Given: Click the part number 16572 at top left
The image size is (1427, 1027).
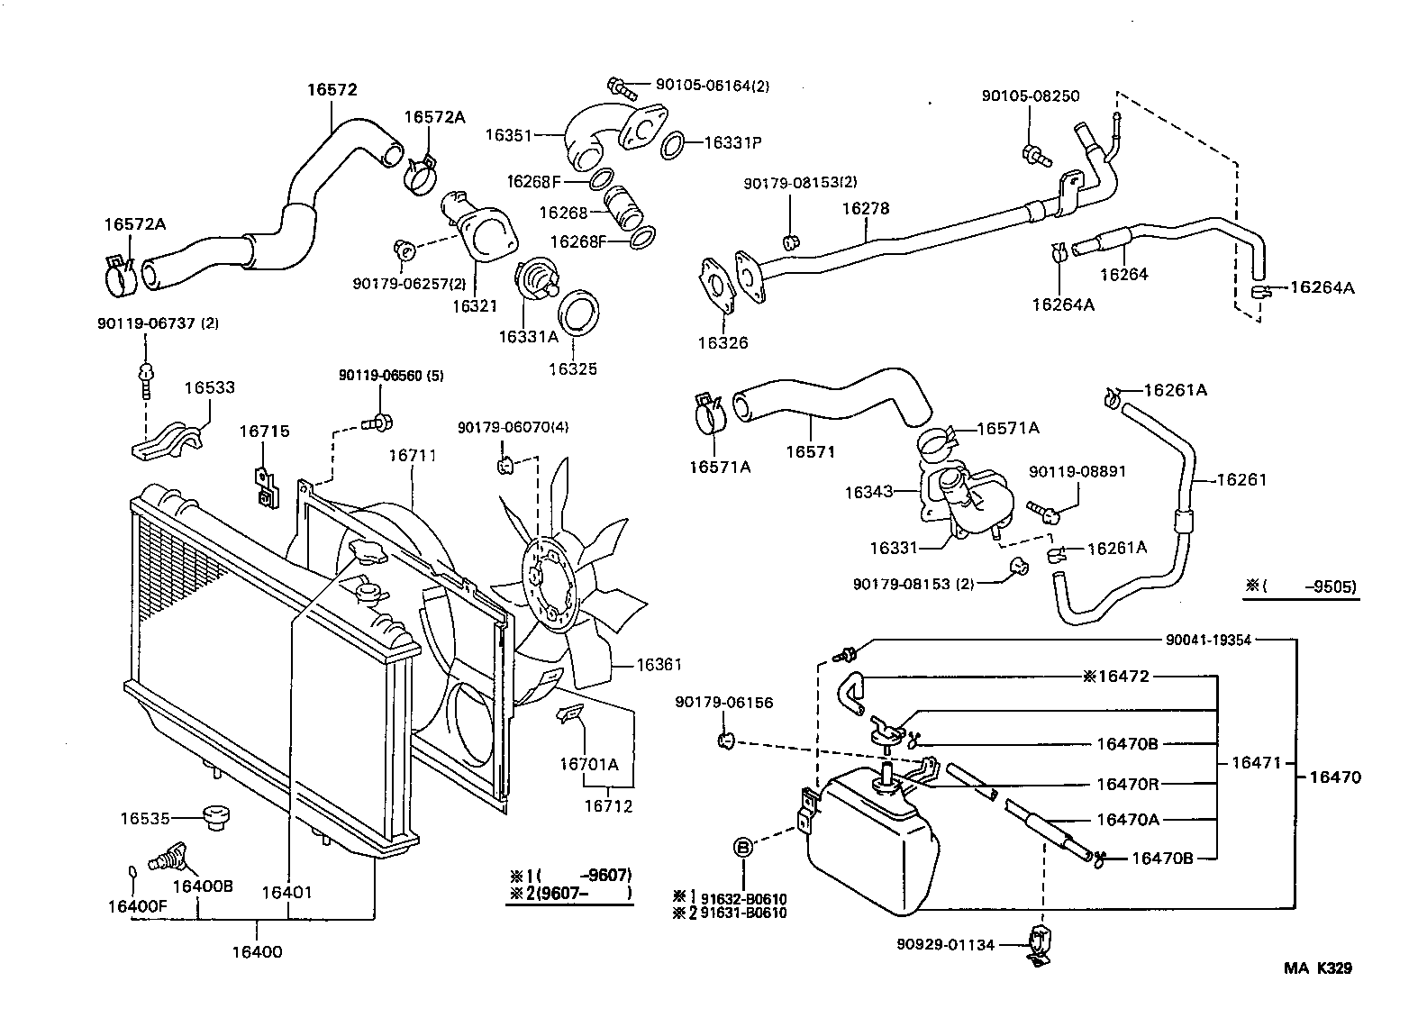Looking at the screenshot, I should pyautogui.click(x=332, y=90).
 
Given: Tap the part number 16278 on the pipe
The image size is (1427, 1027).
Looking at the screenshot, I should pyautogui.click(x=865, y=209).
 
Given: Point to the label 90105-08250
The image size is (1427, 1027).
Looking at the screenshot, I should pyautogui.click(x=1031, y=96).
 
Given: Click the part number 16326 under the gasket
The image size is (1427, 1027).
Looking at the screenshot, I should pyautogui.click(x=722, y=343).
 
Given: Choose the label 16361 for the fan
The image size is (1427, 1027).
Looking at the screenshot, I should pyautogui.click(x=659, y=665).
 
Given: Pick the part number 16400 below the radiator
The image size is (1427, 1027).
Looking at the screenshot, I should pyautogui.click(x=257, y=951).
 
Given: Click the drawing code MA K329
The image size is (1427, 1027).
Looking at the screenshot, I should pyautogui.click(x=1317, y=969).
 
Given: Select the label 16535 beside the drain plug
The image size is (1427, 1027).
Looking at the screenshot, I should pyautogui.click(x=145, y=818).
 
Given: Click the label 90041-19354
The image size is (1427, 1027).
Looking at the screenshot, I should pyautogui.click(x=1208, y=640).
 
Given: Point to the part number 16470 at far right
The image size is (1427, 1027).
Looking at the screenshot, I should pyautogui.click(x=1335, y=777).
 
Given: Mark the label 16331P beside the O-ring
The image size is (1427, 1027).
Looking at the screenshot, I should pyautogui.click(x=732, y=142).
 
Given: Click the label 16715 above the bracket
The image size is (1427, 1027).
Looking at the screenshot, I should pyautogui.click(x=264, y=432).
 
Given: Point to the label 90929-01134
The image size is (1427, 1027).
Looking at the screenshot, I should pyautogui.click(x=945, y=944).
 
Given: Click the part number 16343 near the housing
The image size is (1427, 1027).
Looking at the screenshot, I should pyautogui.click(x=868, y=492).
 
